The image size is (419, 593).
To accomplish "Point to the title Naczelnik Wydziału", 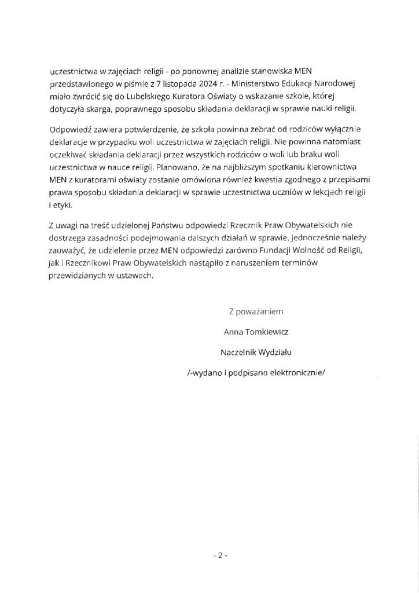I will point(256,352).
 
